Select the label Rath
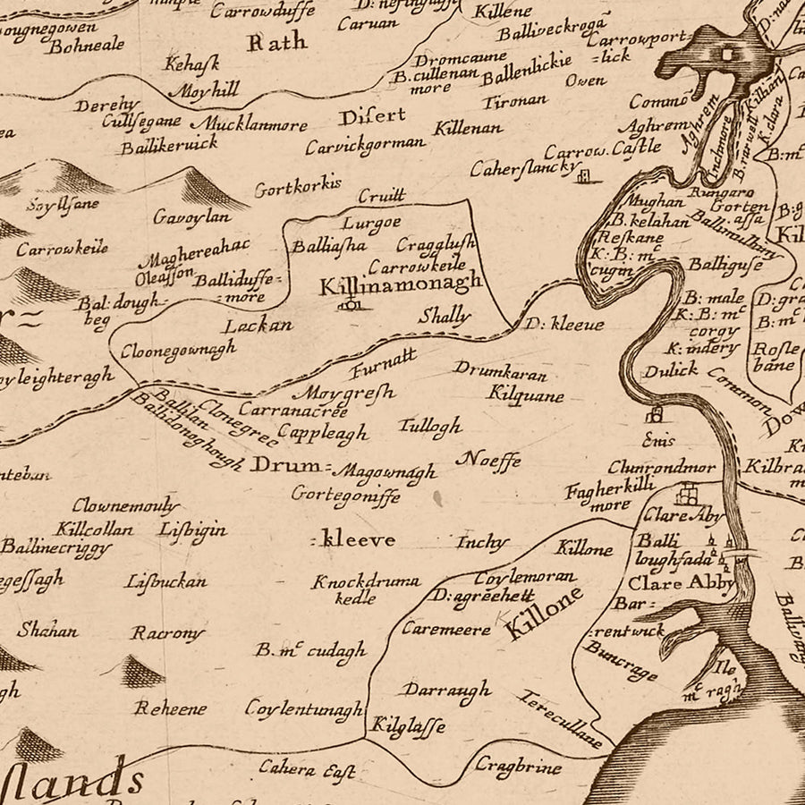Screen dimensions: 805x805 pyautogui.click(x=276, y=41)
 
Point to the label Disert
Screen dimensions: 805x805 pyautogui.click(x=372, y=115)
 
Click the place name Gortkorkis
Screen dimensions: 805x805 pyautogui.click(x=298, y=188)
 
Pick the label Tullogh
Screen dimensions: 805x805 pyautogui.click(x=431, y=425)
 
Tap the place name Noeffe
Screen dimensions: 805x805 pyautogui.click(x=488, y=461)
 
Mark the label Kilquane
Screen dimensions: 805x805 pyautogui.click(x=526, y=393)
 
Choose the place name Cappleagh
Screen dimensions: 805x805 pyautogui.click(x=322, y=433)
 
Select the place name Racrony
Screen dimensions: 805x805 pyautogui.click(x=168, y=633)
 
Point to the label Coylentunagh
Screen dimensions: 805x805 pyautogui.click(x=304, y=708)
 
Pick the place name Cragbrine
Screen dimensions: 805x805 pyautogui.click(x=518, y=767)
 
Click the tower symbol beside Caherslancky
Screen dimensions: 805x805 pyautogui.click(x=586, y=176)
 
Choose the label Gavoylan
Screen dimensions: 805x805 pyautogui.click(x=191, y=217)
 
